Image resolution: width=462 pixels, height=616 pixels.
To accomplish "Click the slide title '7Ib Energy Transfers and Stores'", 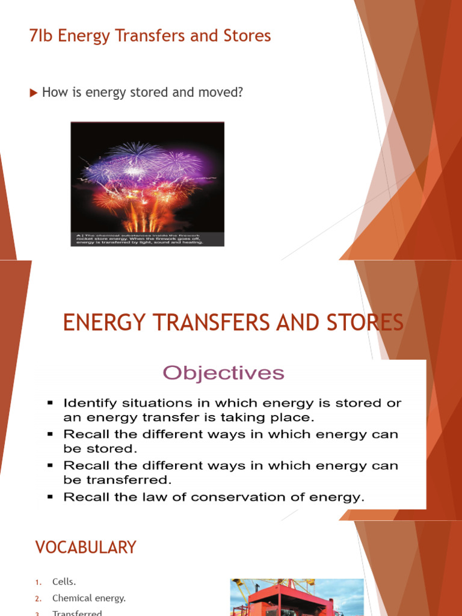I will coord(150,36).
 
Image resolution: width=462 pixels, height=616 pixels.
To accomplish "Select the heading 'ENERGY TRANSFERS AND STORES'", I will coord(233,323).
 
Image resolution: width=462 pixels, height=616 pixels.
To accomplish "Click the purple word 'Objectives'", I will coord(224,373).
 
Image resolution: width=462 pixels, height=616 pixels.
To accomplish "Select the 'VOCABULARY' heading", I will coord(86,547).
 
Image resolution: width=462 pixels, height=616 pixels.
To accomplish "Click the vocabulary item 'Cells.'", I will coord(64,582).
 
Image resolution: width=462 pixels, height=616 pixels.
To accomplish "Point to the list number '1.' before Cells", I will coord(38,582).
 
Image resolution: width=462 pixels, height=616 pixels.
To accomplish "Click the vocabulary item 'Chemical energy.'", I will coord(89,598).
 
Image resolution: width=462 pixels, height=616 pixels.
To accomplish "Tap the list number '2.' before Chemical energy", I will coord(38,599).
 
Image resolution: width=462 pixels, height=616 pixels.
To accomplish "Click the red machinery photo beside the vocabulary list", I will coord(297,598).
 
